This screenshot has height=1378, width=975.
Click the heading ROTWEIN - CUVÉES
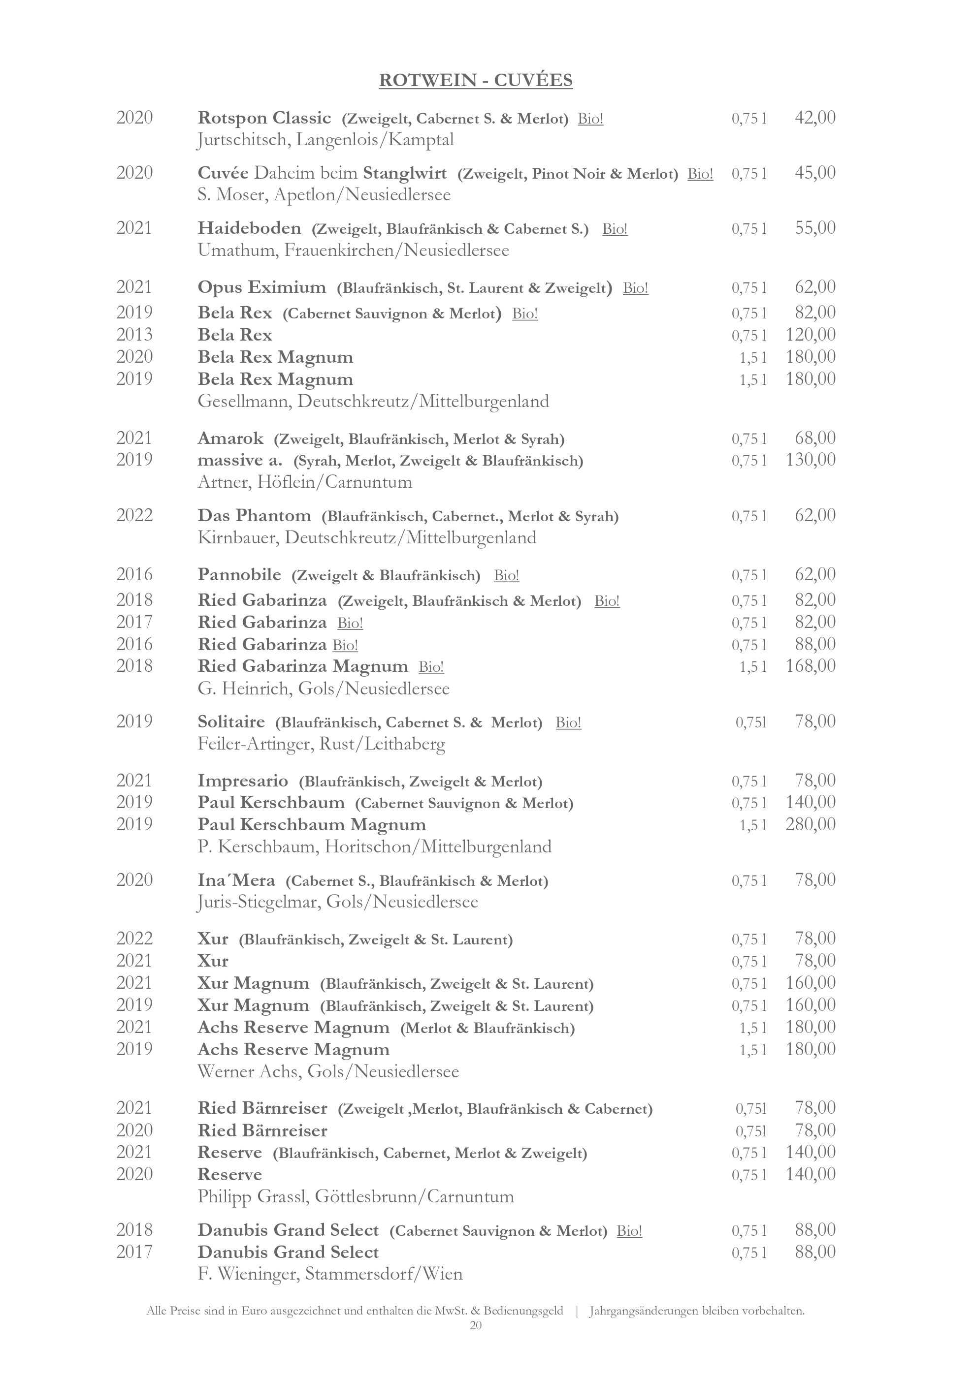[x=476, y=80]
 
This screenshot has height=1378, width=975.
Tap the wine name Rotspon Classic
[x=264, y=118]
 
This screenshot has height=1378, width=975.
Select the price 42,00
[x=814, y=118]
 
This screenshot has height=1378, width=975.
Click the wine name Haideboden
[x=249, y=228]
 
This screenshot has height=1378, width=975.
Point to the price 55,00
[x=814, y=228]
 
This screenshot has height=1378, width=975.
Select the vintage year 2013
[x=134, y=335]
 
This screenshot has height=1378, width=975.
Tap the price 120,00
[x=811, y=335]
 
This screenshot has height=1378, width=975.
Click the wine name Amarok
[x=230, y=438]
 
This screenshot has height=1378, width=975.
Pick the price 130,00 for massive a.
[x=811, y=460]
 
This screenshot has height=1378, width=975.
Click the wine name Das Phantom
[x=255, y=516]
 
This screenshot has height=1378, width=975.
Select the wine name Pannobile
[x=239, y=575]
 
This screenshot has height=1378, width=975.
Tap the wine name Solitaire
[x=231, y=721]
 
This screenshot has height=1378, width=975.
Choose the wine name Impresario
[x=243, y=781]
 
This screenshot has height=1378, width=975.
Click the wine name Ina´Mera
[x=236, y=880]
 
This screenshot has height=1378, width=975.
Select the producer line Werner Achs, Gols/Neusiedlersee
[x=328, y=1071]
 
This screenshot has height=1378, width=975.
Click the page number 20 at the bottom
[x=476, y=1325]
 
